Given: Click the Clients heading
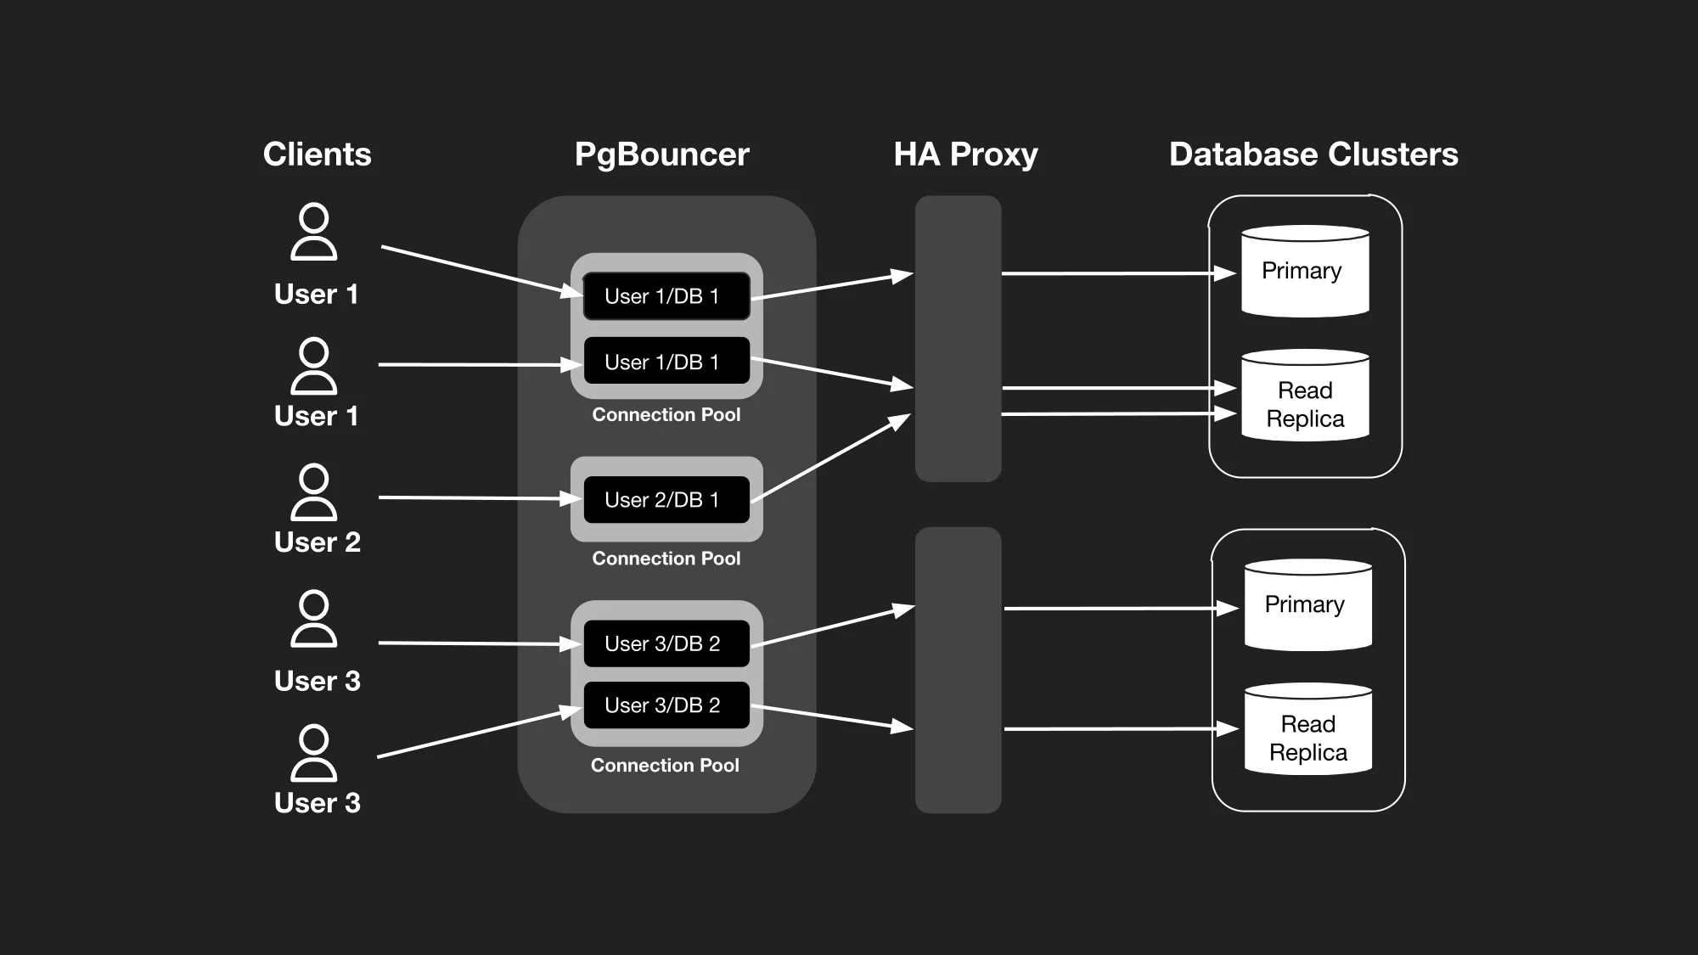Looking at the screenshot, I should click(317, 154).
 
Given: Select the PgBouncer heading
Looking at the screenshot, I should click(661, 154).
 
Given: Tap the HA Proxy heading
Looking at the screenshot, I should click(965, 154).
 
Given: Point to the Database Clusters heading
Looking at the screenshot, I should click(1313, 154).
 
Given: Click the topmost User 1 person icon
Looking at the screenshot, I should click(314, 231).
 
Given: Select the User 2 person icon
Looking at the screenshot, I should click(314, 492).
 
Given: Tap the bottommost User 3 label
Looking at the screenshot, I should click(317, 802).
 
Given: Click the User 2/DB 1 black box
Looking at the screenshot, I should click(666, 500).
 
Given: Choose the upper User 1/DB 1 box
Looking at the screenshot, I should click(666, 296).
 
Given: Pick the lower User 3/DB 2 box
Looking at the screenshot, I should click(666, 705).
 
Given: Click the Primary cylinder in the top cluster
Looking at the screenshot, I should click(1305, 272).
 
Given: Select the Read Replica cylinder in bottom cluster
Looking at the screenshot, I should click(1307, 730).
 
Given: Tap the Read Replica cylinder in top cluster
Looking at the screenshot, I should click(1305, 396).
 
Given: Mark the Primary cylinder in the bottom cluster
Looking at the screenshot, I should click(1307, 605).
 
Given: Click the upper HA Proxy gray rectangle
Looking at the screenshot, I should click(958, 339).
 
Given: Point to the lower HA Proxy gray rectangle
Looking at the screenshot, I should click(958, 670).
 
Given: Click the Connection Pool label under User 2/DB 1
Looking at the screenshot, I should click(666, 559).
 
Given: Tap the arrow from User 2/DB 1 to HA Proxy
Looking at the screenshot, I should click(829, 458).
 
